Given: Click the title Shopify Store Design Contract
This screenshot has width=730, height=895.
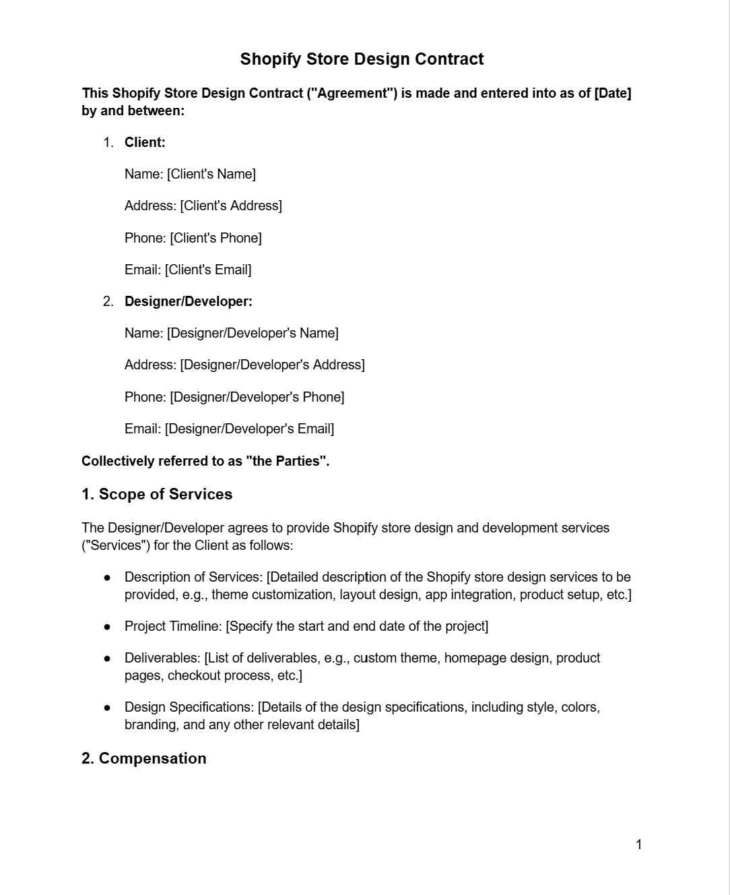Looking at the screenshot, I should [x=362, y=59].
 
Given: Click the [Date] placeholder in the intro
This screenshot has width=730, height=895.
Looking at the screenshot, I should [x=612, y=93].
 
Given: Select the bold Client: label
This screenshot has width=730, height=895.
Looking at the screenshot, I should [x=145, y=142].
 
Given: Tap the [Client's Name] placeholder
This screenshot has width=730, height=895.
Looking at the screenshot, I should [x=211, y=174].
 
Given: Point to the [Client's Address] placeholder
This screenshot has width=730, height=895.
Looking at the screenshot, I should [x=230, y=206].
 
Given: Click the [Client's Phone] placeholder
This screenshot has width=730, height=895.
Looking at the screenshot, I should [x=215, y=238].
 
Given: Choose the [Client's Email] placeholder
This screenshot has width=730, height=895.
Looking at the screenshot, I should [x=207, y=270].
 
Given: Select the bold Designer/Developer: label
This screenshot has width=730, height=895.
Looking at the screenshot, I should [x=189, y=301].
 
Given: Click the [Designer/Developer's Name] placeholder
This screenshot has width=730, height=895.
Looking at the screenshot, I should [x=253, y=333].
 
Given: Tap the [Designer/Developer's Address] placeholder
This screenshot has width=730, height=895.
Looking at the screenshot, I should [x=272, y=365].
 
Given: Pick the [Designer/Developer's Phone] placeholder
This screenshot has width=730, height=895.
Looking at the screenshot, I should [x=257, y=397].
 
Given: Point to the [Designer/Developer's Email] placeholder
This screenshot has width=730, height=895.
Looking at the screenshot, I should [x=249, y=429].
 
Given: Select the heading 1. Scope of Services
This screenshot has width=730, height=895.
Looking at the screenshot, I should [x=157, y=494].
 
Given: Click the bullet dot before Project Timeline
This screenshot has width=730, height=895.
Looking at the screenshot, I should [x=107, y=627].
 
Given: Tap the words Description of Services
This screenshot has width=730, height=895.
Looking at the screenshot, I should [x=193, y=577].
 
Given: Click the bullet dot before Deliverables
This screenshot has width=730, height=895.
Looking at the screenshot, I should [x=107, y=658].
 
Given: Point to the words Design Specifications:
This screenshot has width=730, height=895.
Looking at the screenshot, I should [x=189, y=707].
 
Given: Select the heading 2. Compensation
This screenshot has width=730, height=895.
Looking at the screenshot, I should [x=144, y=758].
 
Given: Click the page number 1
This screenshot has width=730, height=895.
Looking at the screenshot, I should [x=638, y=844].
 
